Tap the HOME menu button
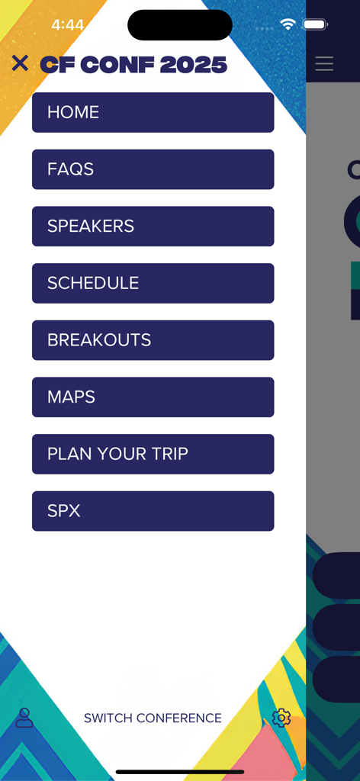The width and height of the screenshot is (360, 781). (x=153, y=112)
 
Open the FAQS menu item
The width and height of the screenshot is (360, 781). (x=153, y=169)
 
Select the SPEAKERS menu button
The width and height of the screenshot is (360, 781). (x=153, y=226)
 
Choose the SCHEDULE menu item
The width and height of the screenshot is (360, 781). (x=153, y=283)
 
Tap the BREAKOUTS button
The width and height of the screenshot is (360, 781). (x=153, y=340)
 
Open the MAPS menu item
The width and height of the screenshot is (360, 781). (x=153, y=397)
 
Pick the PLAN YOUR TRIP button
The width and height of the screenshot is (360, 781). (x=153, y=454)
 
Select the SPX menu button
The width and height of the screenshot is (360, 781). (x=153, y=511)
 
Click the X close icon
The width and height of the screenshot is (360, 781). (x=20, y=63)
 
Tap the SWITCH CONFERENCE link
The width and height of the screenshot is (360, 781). (x=153, y=718)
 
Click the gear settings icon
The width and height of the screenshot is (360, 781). (x=281, y=718)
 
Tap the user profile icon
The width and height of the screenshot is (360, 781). (x=24, y=718)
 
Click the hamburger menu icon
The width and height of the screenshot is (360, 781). (x=324, y=63)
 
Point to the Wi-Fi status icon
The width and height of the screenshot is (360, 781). (x=288, y=24)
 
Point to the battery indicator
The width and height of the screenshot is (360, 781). (x=315, y=24)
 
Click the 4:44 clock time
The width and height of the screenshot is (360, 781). (x=67, y=25)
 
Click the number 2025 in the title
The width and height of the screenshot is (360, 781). (x=194, y=65)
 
